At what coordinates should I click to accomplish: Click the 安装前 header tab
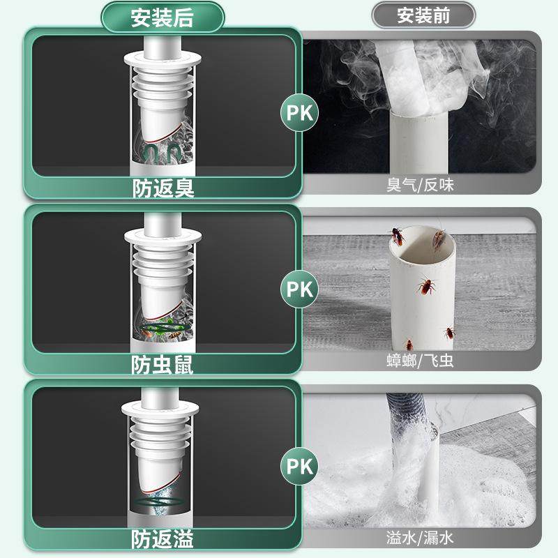423,15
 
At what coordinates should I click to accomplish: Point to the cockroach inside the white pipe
424,286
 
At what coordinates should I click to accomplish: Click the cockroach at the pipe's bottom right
449,333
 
